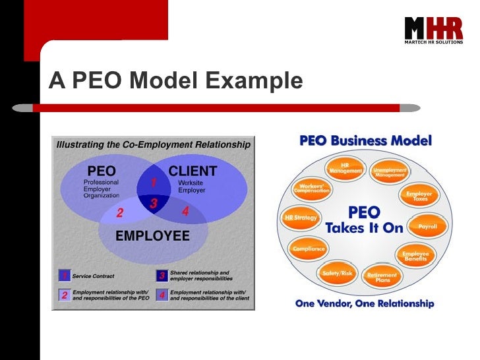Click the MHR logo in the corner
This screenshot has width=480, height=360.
(433, 30)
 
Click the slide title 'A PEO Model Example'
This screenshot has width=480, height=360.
(175, 80)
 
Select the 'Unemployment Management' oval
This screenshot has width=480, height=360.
(390, 171)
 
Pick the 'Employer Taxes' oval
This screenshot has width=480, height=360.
(418, 195)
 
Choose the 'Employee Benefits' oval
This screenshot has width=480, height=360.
(416, 256)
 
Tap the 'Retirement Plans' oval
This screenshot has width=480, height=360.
(382, 277)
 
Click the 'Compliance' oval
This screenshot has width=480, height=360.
(308, 249)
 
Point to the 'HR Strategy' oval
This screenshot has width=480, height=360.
(301, 217)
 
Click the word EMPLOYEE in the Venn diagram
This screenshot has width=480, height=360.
(152, 236)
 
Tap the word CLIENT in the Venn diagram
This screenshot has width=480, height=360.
(193, 171)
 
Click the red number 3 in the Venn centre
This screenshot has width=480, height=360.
(153, 204)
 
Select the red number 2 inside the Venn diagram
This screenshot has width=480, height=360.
(120, 213)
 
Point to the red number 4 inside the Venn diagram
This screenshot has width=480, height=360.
(185, 212)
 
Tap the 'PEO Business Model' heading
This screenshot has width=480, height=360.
(366, 140)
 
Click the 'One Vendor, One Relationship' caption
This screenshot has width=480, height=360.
(365, 304)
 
